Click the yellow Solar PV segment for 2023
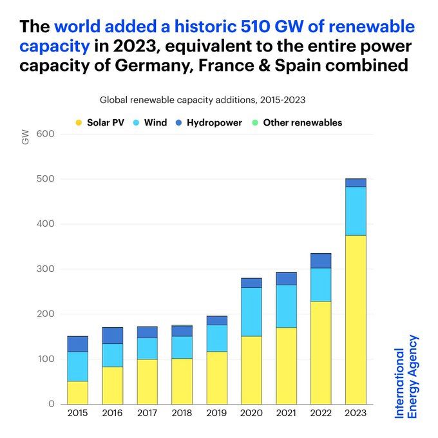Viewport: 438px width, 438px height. pyautogui.click(x=356, y=319)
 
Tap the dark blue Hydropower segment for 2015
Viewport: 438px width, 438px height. pyautogui.click(x=77, y=344)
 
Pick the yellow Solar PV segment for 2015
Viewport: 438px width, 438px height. pyautogui.click(x=77, y=392)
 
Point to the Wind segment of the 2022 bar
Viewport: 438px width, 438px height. pyautogui.click(x=321, y=285)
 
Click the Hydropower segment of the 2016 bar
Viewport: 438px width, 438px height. pyautogui.click(x=113, y=336)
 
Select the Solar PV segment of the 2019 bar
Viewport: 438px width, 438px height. pyautogui.click(x=216, y=377)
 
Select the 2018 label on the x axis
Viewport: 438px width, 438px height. pyautogui.click(x=182, y=413)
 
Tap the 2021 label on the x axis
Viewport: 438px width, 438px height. pyautogui.click(x=286, y=413)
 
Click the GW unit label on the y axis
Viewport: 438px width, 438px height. pyautogui.click(x=26, y=137)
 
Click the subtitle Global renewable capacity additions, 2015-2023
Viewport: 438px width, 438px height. pyautogui.click(x=202, y=100)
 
